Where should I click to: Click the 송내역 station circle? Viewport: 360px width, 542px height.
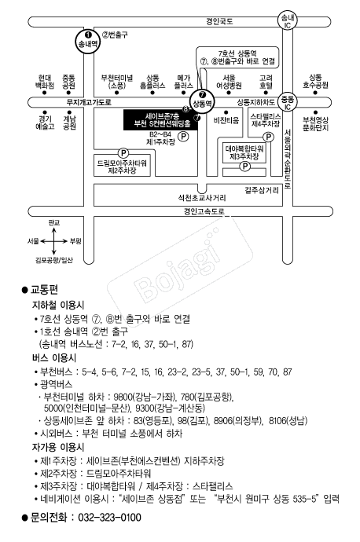[x=88, y=41]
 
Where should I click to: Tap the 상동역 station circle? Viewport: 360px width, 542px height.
[x=202, y=101]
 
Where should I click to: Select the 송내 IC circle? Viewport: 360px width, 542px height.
[x=288, y=21]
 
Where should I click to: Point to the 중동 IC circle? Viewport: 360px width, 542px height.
[x=288, y=103]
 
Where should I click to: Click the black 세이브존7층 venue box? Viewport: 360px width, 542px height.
[x=161, y=119]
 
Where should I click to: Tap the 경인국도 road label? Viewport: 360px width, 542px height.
[x=219, y=21]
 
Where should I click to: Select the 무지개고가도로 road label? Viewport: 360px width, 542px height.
[x=89, y=102]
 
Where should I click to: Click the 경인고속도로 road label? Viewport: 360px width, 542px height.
[x=204, y=211]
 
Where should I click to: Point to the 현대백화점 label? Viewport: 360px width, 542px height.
[x=45, y=82]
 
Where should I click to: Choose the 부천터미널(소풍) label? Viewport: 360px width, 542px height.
[x=117, y=82]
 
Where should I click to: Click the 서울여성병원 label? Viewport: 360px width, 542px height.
[x=229, y=82]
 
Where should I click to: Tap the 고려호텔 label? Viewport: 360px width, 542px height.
[x=266, y=82]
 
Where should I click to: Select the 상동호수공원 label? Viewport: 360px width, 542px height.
[x=315, y=81]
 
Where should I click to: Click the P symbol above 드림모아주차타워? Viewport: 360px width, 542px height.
[x=123, y=153]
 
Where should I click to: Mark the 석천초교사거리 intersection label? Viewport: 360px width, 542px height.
[x=201, y=198]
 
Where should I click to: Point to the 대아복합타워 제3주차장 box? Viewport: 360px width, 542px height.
[x=244, y=153]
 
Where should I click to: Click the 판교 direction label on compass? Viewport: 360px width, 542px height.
[x=54, y=222]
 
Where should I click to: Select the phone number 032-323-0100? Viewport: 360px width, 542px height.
[x=109, y=518]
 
